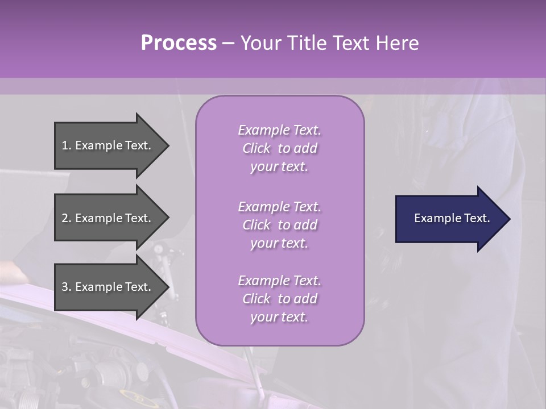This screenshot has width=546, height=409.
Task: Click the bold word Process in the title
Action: coord(179,43)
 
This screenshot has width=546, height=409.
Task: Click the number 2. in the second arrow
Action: coord(66,218)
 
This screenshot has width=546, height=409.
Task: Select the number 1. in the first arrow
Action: coord(66,145)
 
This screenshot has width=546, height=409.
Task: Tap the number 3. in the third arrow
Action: coord(66,287)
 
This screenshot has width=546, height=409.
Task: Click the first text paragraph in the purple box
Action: coord(279,148)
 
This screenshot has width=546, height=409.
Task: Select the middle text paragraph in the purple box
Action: coord(279,225)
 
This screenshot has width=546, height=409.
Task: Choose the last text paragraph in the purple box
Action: coord(279,299)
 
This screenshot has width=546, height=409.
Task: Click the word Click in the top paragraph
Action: coord(256,148)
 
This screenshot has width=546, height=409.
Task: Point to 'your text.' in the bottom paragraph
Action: coord(279,317)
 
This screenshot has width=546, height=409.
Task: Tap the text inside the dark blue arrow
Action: coord(452,218)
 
